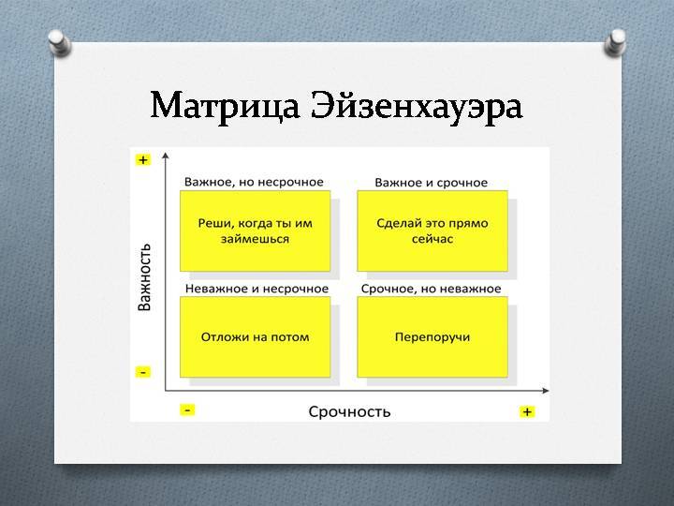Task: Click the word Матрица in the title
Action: [x=225, y=106]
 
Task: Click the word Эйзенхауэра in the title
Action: [x=417, y=106]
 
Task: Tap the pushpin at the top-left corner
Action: [x=59, y=42]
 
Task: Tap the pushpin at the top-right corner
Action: [x=615, y=42]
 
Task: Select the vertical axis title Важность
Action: [x=144, y=276]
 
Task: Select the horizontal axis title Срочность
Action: [x=349, y=411]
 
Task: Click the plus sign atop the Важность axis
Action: [x=142, y=160]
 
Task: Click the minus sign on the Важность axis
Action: [x=142, y=372]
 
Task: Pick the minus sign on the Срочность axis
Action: [x=187, y=410]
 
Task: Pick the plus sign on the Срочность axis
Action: [x=527, y=411]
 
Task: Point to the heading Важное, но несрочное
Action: [x=254, y=182]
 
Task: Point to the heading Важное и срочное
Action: [x=432, y=183]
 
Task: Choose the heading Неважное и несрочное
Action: [x=256, y=289]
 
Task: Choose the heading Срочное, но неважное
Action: [x=432, y=289]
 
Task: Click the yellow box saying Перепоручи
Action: [x=432, y=337]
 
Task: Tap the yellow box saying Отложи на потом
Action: [x=255, y=337]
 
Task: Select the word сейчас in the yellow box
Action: [x=432, y=239]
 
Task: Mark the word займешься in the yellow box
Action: [x=255, y=239]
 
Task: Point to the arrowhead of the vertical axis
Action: [x=166, y=156]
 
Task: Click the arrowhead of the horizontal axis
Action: [x=546, y=390]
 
